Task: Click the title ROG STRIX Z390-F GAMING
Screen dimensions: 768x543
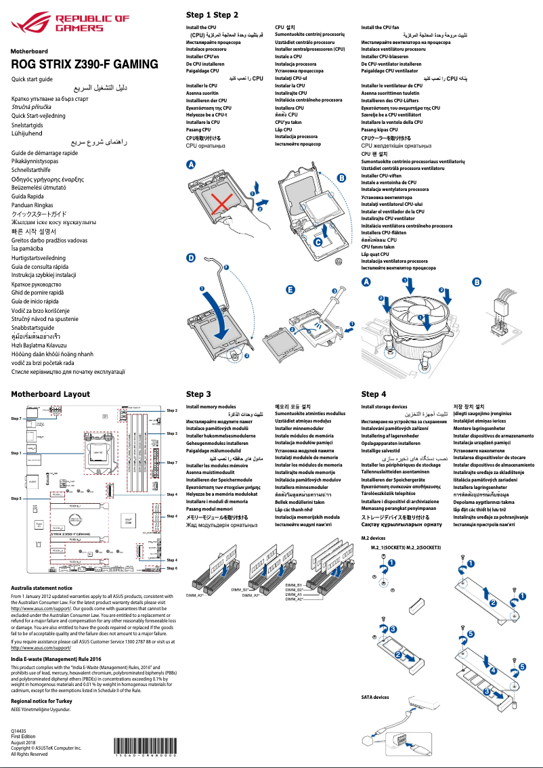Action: click(x=85, y=65)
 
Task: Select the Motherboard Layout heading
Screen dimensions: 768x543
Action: click(x=50, y=393)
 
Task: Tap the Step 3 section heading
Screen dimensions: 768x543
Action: click(x=198, y=393)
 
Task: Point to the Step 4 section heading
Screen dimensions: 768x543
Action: click(x=374, y=393)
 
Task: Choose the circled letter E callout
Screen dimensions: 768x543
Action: click(x=290, y=289)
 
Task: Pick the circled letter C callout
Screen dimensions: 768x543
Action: click(x=318, y=240)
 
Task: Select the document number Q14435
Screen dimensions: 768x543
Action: click(x=20, y=731)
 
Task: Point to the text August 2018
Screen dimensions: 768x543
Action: click(x=24, y=743)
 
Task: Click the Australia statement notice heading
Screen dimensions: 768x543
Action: click(x=41, y=589)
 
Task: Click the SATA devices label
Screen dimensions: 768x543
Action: click(x=375, y=697)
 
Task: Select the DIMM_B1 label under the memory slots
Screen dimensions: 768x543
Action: click(x=293, y=584)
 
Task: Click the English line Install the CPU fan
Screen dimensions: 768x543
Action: click(x=380, y=28)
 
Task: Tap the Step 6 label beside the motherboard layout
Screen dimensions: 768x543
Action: click(x=171, y=568)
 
